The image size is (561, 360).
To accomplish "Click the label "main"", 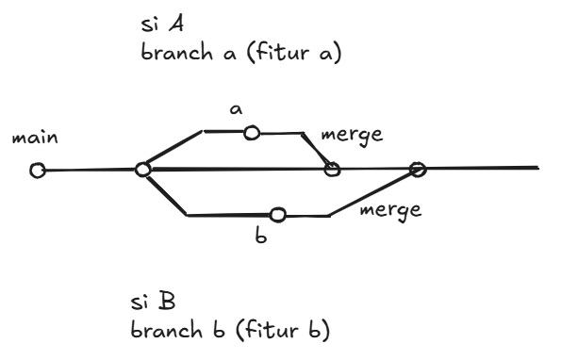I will point(33,139).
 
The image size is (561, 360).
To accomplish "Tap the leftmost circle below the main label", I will point(38,172).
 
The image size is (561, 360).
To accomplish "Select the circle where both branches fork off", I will point(142,170).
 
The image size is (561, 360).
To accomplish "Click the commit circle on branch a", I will point(252,133).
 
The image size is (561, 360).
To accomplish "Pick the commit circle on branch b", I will point(277,216).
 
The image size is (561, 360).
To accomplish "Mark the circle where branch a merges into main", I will point(331,170).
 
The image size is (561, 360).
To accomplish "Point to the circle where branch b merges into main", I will point(418,170).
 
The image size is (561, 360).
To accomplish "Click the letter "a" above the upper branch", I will point(237,110).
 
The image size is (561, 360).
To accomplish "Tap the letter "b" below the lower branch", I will point(264,237).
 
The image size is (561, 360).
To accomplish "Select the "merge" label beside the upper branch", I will point(352,136).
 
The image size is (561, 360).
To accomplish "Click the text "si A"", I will point(157,25).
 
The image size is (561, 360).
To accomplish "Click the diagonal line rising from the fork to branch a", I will point(173,150).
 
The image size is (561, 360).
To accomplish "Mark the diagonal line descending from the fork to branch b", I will point(165,193).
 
